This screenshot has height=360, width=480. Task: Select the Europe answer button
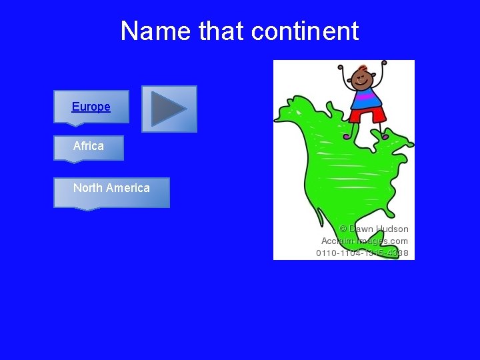click(91, 107)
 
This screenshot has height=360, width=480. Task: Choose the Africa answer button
click(89, 146)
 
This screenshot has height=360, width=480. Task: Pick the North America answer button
click(111, 188)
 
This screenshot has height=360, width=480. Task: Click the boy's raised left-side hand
click(341, 67)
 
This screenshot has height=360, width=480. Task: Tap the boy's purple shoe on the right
click(385, 135)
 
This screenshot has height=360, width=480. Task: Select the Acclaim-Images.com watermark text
click(365, 241)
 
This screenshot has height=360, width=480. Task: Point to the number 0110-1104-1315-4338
click(362, 253)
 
